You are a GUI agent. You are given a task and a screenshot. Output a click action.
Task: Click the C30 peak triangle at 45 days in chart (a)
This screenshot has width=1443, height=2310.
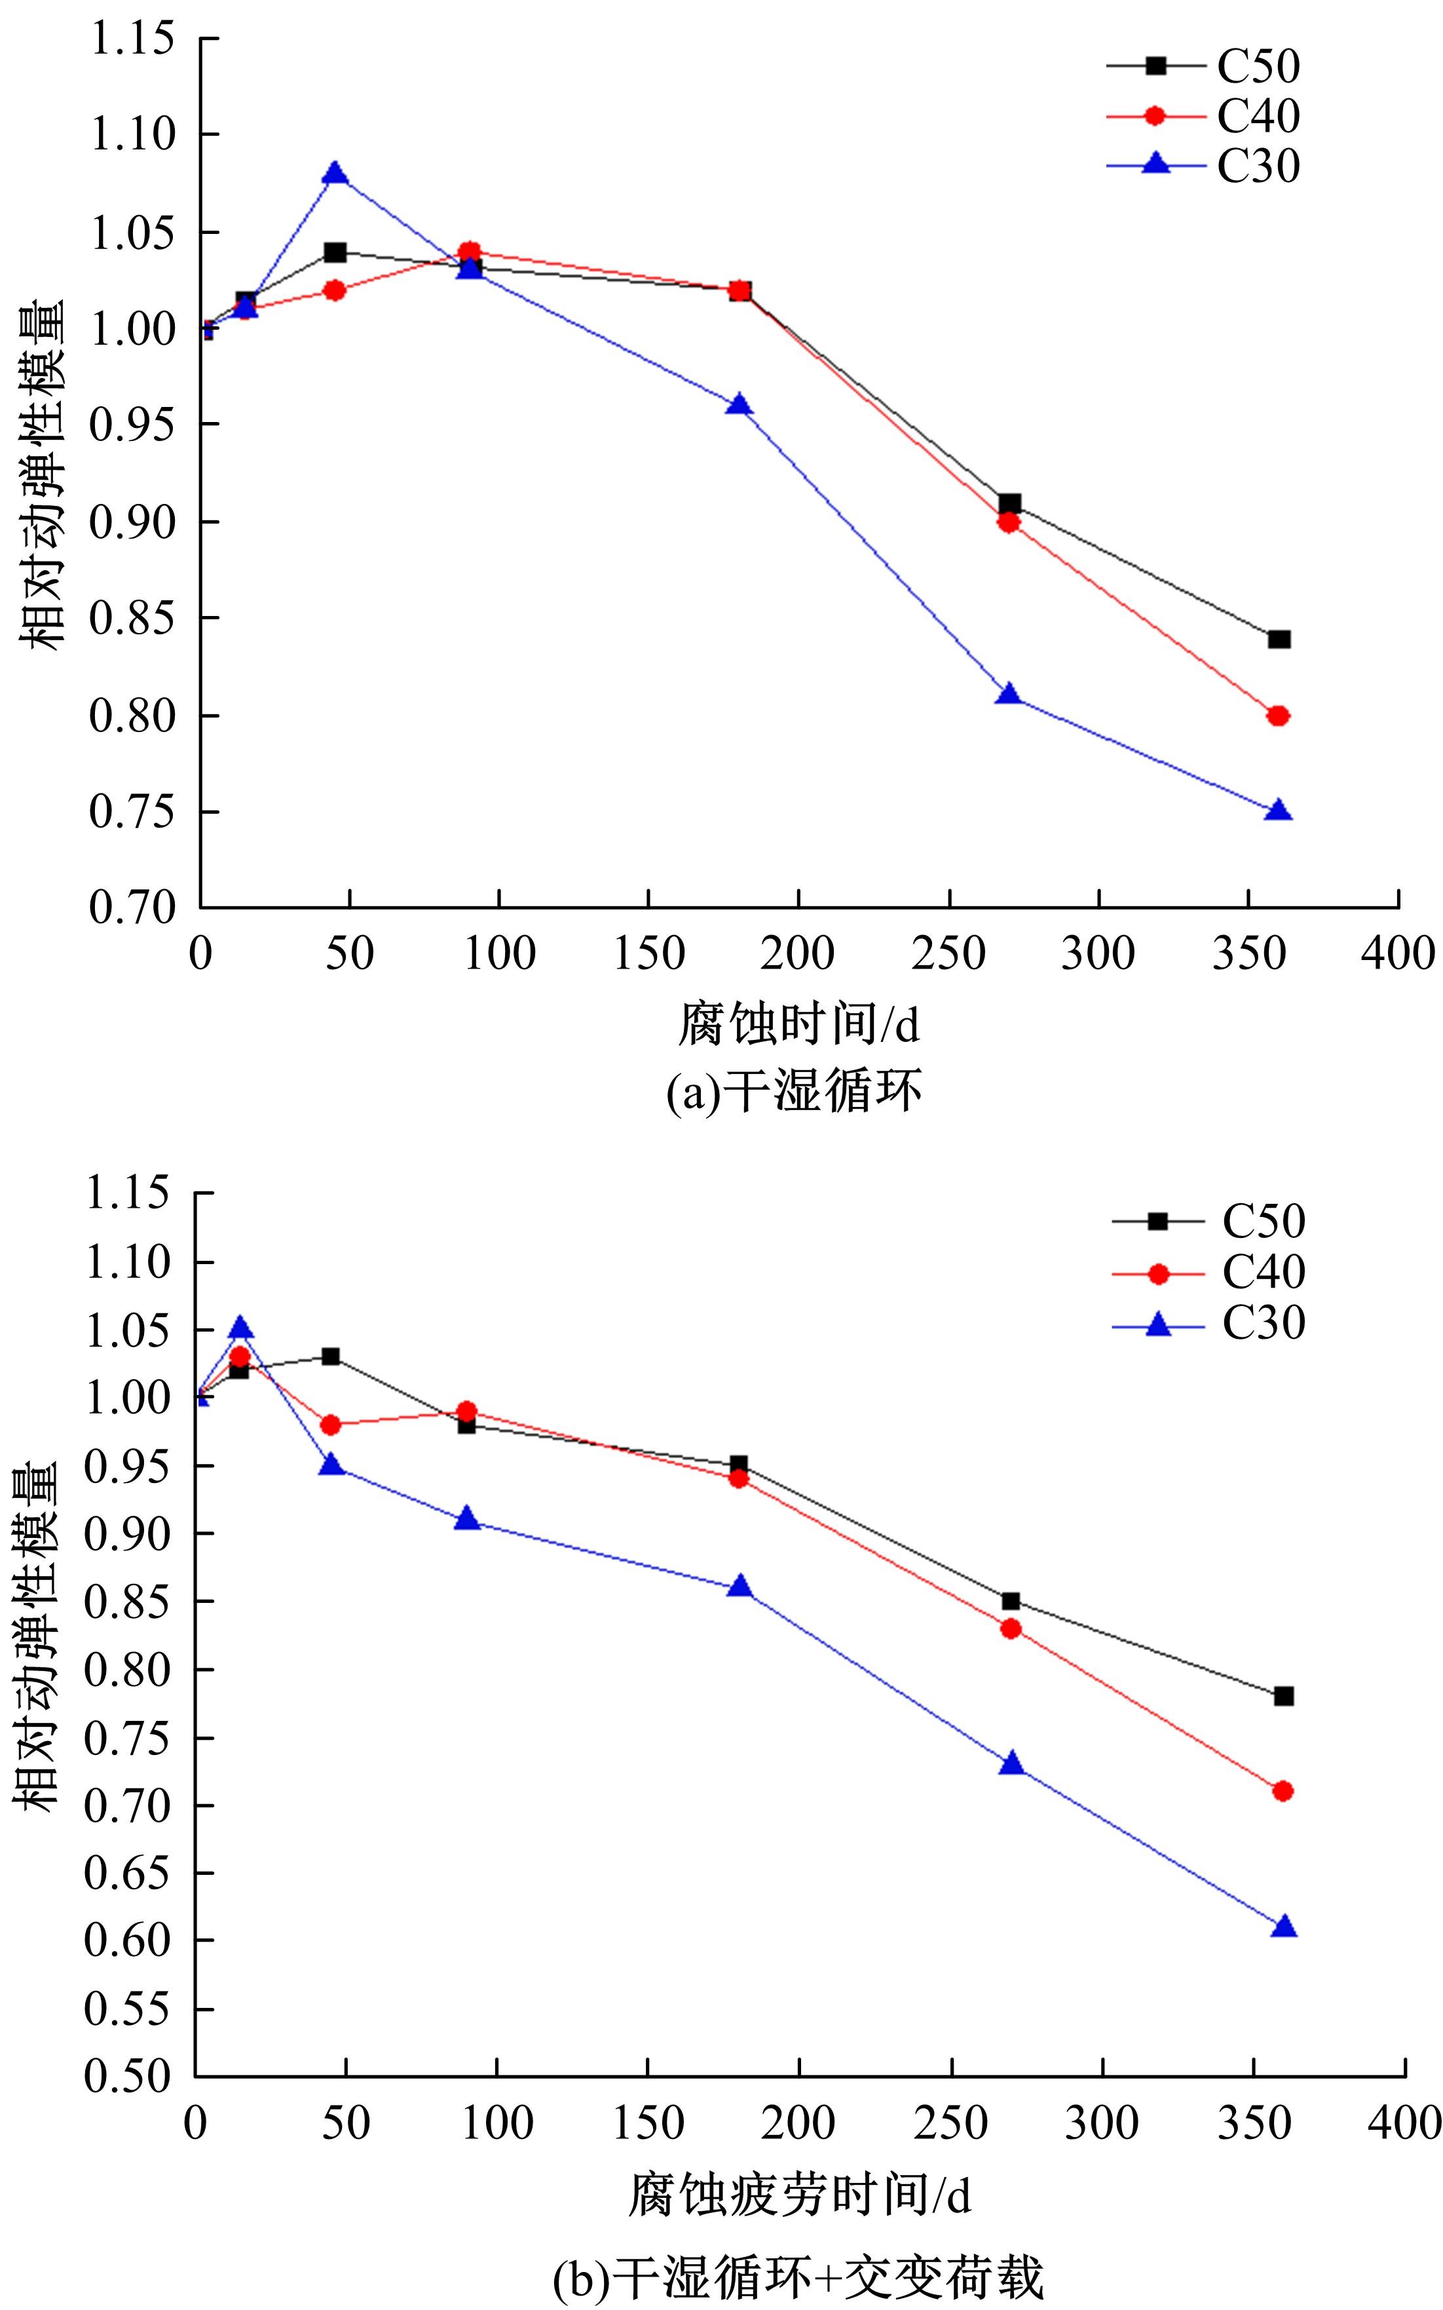(334, 174)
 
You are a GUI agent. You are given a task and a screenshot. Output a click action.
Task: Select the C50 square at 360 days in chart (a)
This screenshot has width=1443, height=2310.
(1279, 638)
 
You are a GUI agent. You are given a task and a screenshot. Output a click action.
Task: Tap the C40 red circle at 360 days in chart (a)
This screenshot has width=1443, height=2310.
(1279, 716)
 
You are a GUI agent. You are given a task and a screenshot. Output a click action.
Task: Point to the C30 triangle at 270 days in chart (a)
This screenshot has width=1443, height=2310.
(1009, 694)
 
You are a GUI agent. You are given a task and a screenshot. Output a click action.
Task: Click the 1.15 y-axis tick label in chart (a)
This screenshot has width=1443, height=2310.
(133, 38)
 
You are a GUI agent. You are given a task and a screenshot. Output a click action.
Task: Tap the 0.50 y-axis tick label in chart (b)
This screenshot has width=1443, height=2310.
(129, 2075)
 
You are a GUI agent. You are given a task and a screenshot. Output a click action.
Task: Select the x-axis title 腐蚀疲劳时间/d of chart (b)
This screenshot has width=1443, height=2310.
(800, 2193)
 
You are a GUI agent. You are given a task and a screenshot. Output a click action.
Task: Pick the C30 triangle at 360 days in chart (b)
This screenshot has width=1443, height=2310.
(1284, 1926)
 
